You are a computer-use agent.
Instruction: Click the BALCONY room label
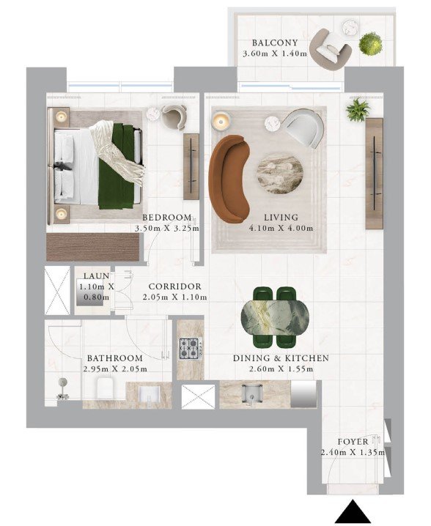275,43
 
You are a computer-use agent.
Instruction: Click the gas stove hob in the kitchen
191,349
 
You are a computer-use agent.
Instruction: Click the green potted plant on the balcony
371,42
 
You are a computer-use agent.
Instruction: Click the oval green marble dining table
275,318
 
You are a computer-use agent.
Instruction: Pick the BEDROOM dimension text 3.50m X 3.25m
167,229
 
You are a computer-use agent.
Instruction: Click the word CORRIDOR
175,286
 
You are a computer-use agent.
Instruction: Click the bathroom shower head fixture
62,389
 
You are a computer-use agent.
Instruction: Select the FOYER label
353,442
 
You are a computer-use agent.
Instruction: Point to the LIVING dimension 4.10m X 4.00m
281,229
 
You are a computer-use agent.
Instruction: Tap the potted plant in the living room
358,110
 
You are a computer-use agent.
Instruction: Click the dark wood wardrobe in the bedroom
92,247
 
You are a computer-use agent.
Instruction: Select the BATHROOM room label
115,358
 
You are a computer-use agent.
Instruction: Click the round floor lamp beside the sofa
221,121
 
